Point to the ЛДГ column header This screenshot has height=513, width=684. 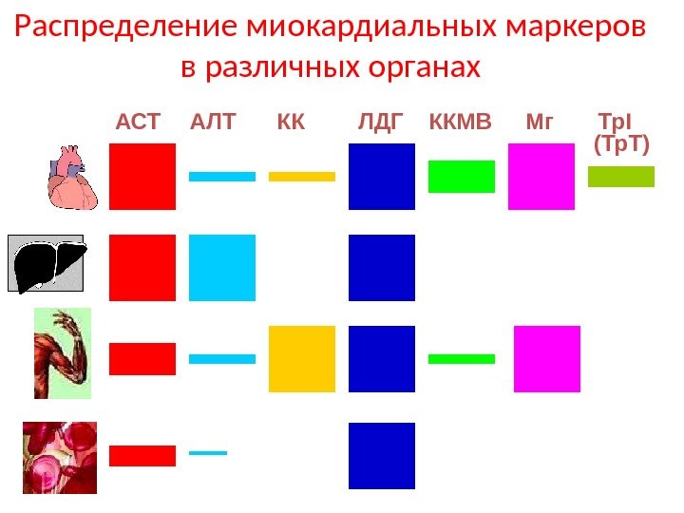point(381,123)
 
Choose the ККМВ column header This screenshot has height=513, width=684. point(461,123)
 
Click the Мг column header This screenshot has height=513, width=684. point(539,123)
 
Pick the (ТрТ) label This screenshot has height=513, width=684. point(621,145)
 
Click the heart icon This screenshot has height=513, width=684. point(71,177)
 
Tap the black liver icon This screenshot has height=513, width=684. point(47,262)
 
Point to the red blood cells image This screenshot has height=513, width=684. point(59,457)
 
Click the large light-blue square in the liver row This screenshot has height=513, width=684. point(222,268)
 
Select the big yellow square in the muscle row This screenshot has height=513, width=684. point(302,359)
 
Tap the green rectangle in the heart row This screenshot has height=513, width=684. point(462,177)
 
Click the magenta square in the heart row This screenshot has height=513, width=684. point(541,177)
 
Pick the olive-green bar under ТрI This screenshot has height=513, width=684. point(621,177)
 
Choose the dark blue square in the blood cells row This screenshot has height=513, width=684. point(382,456)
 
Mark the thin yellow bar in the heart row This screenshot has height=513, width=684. point(302,177)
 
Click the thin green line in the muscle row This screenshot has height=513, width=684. point(462,359)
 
